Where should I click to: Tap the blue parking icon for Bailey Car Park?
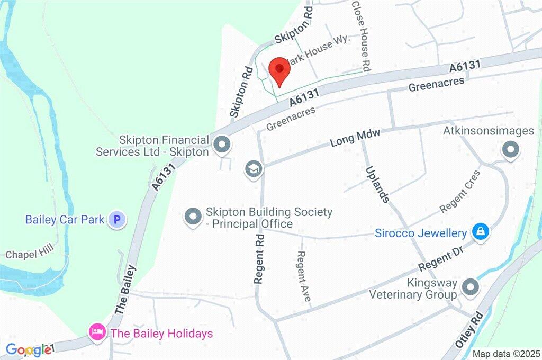pos(117,219)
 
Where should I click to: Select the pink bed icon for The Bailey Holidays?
pos(96,333)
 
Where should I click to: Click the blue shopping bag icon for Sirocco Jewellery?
pos(481,232)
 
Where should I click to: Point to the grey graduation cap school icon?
pos(254,169)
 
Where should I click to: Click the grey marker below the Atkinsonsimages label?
pos(510,150)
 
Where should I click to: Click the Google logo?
pos(29,349)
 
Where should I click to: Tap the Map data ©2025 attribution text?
pos(505,354)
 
